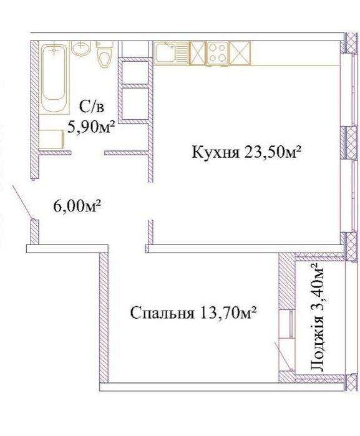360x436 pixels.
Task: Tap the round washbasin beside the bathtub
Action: (81, 48)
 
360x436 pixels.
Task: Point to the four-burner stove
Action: (217, 53)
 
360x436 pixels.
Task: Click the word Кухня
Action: (216, 153)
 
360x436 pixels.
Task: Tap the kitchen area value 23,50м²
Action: (273, 152)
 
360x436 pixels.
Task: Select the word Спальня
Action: (162, 313)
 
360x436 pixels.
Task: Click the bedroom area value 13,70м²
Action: (227, 313)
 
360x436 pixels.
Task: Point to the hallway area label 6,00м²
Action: (77, 206)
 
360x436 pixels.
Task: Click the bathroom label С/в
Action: (92, 107)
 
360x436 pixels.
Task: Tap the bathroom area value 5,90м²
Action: (92, 127)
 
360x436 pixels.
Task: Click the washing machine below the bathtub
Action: (52, 138)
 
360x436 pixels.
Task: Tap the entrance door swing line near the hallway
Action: (23, 202)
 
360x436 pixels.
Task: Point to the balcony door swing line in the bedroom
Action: (283, 356)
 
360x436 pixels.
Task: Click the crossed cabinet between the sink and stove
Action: (198, 53)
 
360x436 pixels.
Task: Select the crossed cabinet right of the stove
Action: (240, 53)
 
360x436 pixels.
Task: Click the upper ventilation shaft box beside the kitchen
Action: (135, 72)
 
